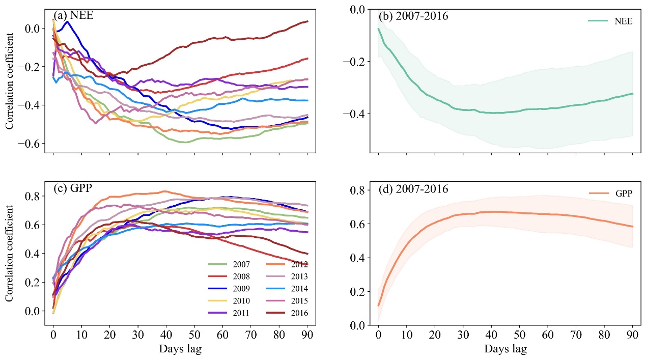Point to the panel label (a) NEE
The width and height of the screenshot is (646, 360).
pos(73,15)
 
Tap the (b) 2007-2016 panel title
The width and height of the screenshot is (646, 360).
pos(413,16)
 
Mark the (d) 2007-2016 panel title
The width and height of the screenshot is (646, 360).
pos(413,189)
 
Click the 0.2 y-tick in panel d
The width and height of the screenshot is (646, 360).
pos(358,291)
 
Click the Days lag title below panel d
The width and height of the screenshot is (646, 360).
pos(505,349)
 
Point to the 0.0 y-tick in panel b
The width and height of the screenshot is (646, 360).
pos(358,9)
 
